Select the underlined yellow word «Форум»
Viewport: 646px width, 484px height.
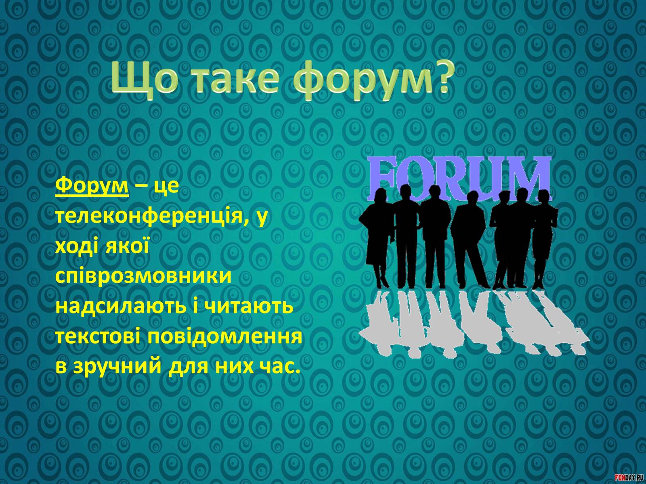pos(92,186)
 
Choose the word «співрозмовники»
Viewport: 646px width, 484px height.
pos(143,277)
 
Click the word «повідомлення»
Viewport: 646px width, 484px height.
pos(224,337)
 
